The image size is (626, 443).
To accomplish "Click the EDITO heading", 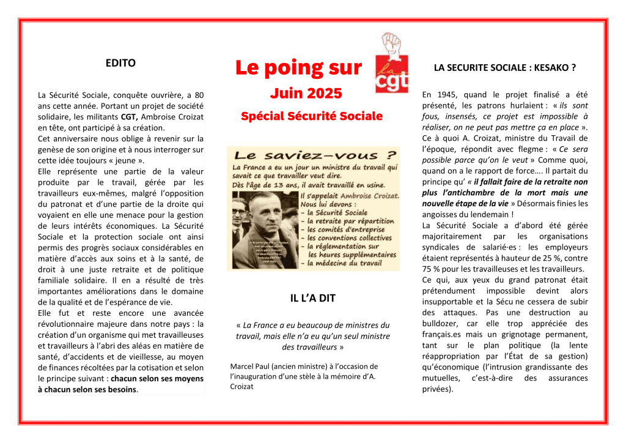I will [x=120, y=62].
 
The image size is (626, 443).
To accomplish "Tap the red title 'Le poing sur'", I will [x=298, y=67].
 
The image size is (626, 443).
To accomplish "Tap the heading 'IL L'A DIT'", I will [x=312, y=298].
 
